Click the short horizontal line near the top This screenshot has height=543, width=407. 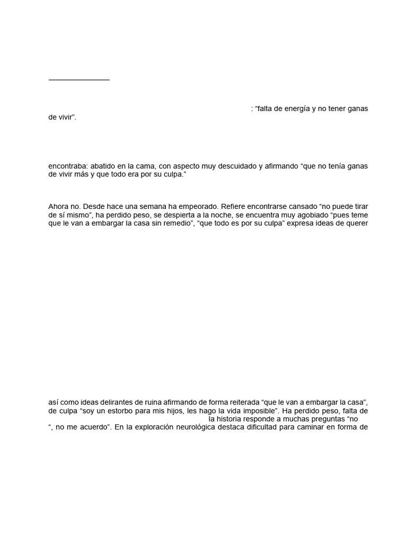[x=79, y=80]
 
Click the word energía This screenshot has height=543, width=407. [x=298, y=109]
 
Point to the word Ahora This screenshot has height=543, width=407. [x=58, y=206]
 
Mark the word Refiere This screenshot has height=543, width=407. [x=234, y=206]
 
